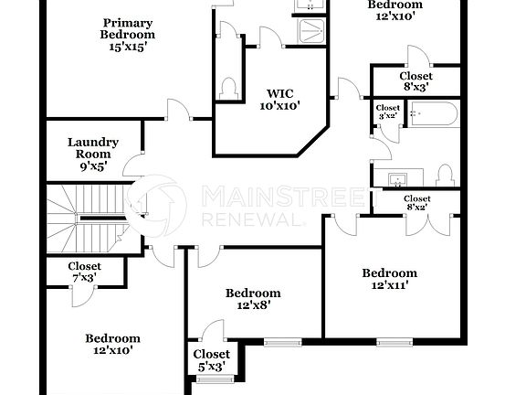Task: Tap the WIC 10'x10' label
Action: point(283,99)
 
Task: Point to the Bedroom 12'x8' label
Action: point(253,300)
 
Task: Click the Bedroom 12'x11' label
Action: point(390,279)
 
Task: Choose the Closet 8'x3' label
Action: point(416,82)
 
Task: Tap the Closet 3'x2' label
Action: point(387,112)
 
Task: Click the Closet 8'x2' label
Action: point(416,203)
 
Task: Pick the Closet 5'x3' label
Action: point(212,360)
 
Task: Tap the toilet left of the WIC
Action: point(228,89)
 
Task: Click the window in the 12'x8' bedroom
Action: point(277,342)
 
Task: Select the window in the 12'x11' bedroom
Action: point(390,342)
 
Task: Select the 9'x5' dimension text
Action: point(92,167)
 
